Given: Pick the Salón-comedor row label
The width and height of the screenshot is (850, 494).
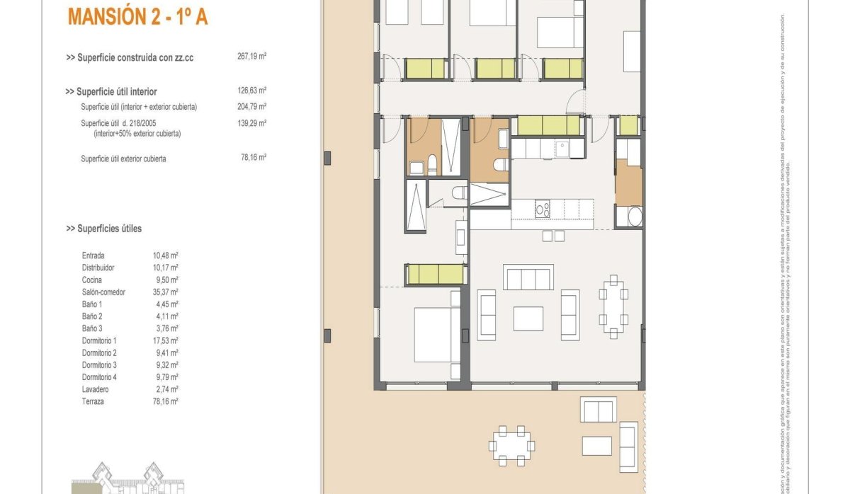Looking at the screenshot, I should click(103, 292).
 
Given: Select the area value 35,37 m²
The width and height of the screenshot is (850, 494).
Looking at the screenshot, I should click(165, 292).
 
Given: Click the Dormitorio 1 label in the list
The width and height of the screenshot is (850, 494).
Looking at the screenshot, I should click(99, 341).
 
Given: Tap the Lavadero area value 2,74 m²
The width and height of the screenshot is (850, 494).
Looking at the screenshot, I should click(166, 389).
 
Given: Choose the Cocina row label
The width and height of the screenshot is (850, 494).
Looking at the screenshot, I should click(92, 280).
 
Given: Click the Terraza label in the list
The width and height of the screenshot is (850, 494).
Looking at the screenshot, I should click(93, 401).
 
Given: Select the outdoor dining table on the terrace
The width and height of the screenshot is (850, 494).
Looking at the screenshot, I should click(511, 446).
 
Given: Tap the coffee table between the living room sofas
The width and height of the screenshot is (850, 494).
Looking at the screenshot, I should click(528, 318).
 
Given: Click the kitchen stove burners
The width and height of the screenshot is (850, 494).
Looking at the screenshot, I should click(543, 209).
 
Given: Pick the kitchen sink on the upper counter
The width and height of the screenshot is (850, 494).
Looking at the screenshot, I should click(562, 149).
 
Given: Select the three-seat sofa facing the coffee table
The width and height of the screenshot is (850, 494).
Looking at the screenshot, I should click(528, 277).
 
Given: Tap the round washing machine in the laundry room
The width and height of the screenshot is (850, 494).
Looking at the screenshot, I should click(629, 217).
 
